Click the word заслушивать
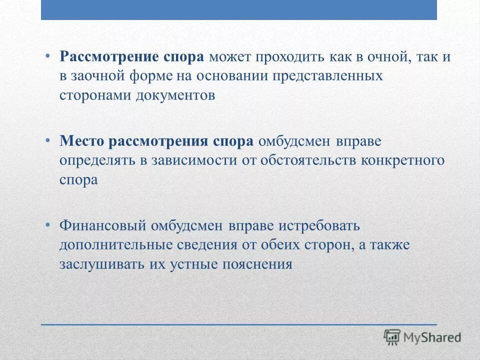102,264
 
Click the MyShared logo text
432,337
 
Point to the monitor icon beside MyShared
392,337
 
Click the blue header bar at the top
239,10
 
